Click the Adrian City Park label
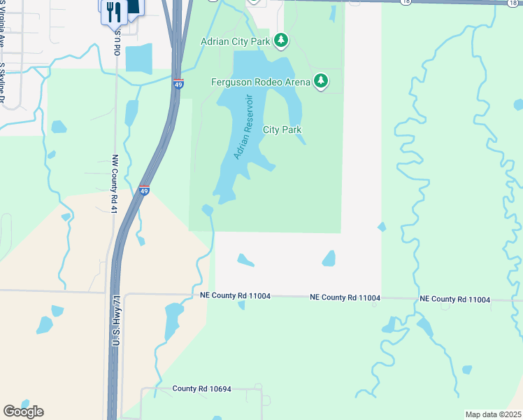tap(235, 41)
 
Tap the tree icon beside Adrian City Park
tap(281, 41)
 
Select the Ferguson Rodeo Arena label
tap(260, 82)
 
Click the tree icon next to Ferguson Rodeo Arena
tap(321, 81)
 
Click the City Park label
tap(282, 129)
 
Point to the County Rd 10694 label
tap(203, 388)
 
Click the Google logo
tap(23, 412)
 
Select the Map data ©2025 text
tap(493, 414)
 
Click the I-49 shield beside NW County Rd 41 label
tap(143, 190)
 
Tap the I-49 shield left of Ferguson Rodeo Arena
tap(179, 84)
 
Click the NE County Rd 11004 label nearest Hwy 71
tap(235, 297)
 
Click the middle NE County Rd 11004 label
tap(345, 297)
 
